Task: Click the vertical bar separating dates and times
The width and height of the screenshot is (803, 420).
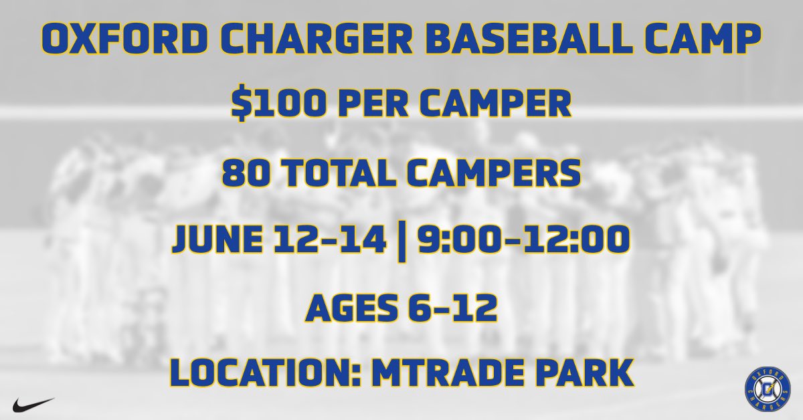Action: coord(402,239)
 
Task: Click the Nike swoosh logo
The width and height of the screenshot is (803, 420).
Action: coord(32,403)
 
